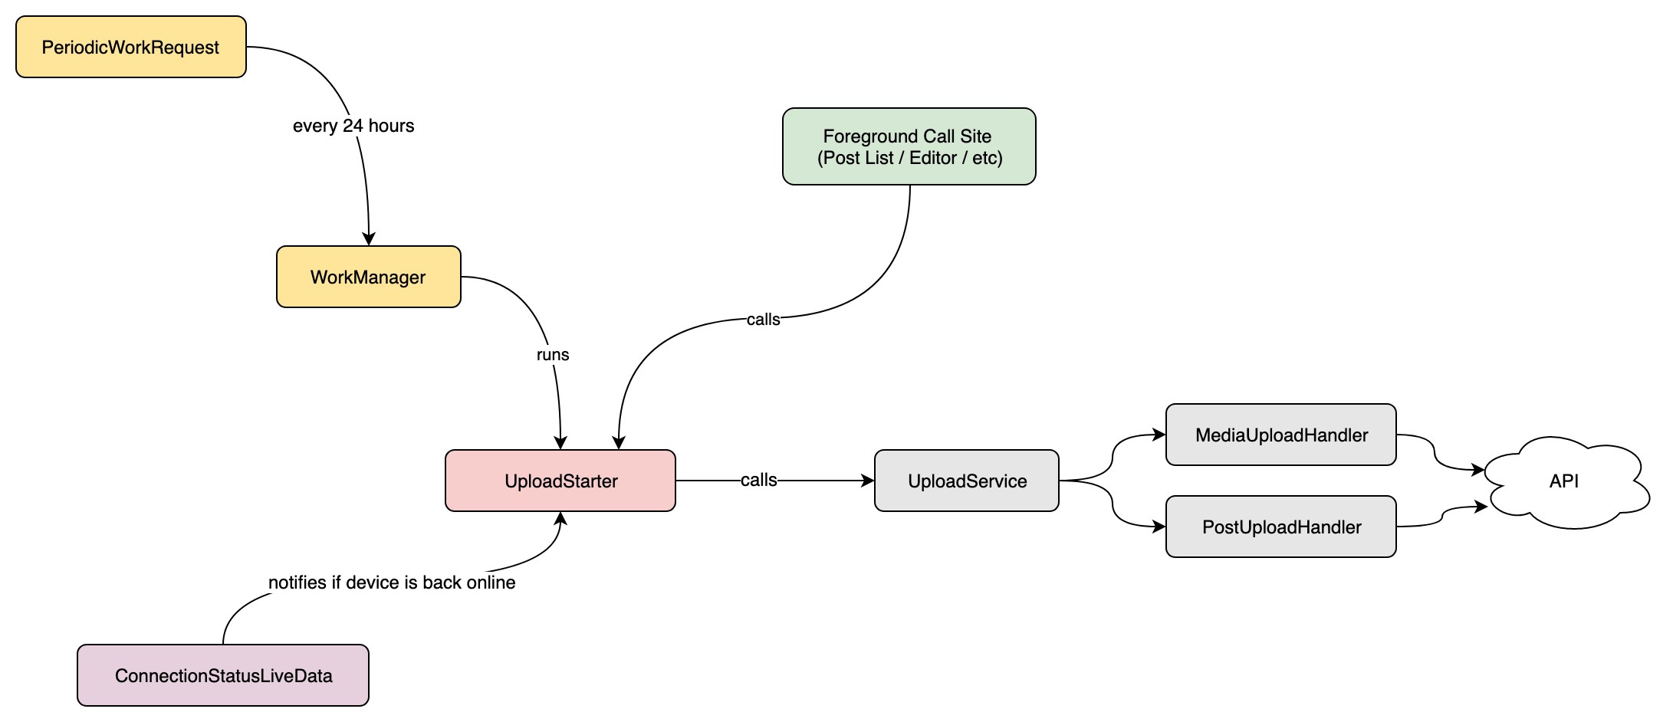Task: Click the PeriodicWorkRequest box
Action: (131, 47)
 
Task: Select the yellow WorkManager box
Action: (369, 277)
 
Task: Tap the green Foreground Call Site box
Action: (909, 146)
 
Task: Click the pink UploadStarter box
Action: (560, 481)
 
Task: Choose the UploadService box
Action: (967, 481)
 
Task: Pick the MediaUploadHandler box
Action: (1281, 435)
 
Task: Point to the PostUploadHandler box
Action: (1281, 527)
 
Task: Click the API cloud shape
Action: (1566, 481)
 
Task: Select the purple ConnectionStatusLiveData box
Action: (223, 675)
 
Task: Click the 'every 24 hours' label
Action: (353, 126)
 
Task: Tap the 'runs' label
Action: (553, 355)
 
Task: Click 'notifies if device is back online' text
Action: (392, 583)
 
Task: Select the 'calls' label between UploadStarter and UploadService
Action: (759, 480)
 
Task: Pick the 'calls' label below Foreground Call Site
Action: (764, 320)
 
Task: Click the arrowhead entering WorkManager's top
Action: (369, 239)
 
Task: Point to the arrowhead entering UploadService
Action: (868, 481)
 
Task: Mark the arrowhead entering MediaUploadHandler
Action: (1159, 435)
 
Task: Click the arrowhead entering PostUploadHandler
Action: (1159, 527)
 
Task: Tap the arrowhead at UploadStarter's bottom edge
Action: (560, 519)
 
